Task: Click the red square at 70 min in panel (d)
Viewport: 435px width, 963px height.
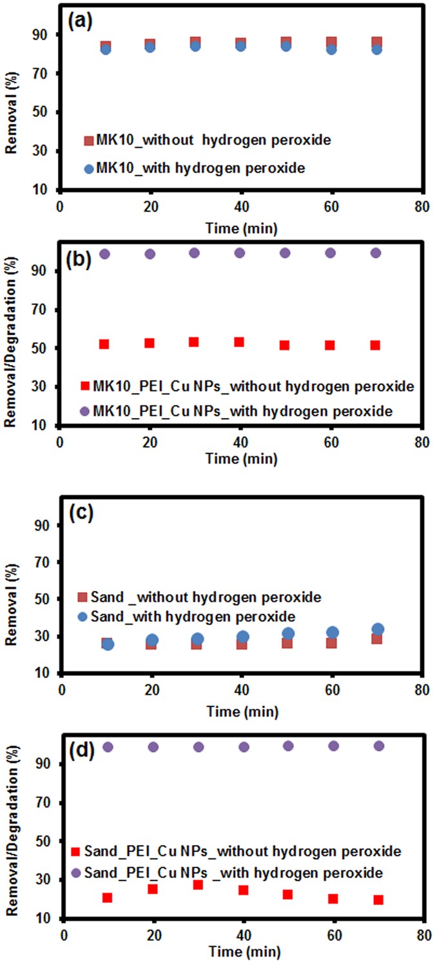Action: (378, 900)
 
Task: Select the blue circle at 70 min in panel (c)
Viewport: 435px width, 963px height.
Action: (378, 629)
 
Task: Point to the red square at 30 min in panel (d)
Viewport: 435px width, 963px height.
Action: (198, 884)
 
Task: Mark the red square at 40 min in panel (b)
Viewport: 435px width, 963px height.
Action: (239, 342)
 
